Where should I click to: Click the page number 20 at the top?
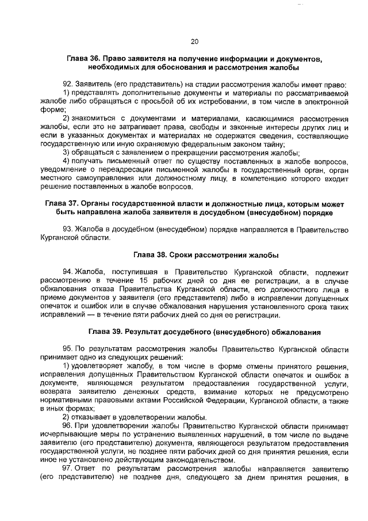(194, 41)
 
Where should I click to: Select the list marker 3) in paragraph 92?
(66, 152)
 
